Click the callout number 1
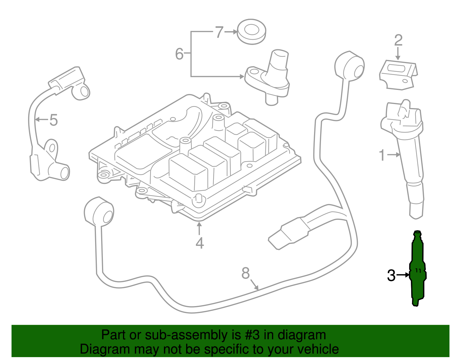[x=382, y=155]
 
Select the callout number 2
[x=398, y=40]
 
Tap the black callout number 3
[x=391, y=275]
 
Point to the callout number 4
[x=200, y=243]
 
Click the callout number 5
[x=54, y=120]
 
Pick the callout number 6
[x=179, y=54]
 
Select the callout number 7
[x=219, y=32]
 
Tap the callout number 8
[x=245, y=273]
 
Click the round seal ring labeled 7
[x=251, y=31]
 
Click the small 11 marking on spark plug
[x=418, y=270]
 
